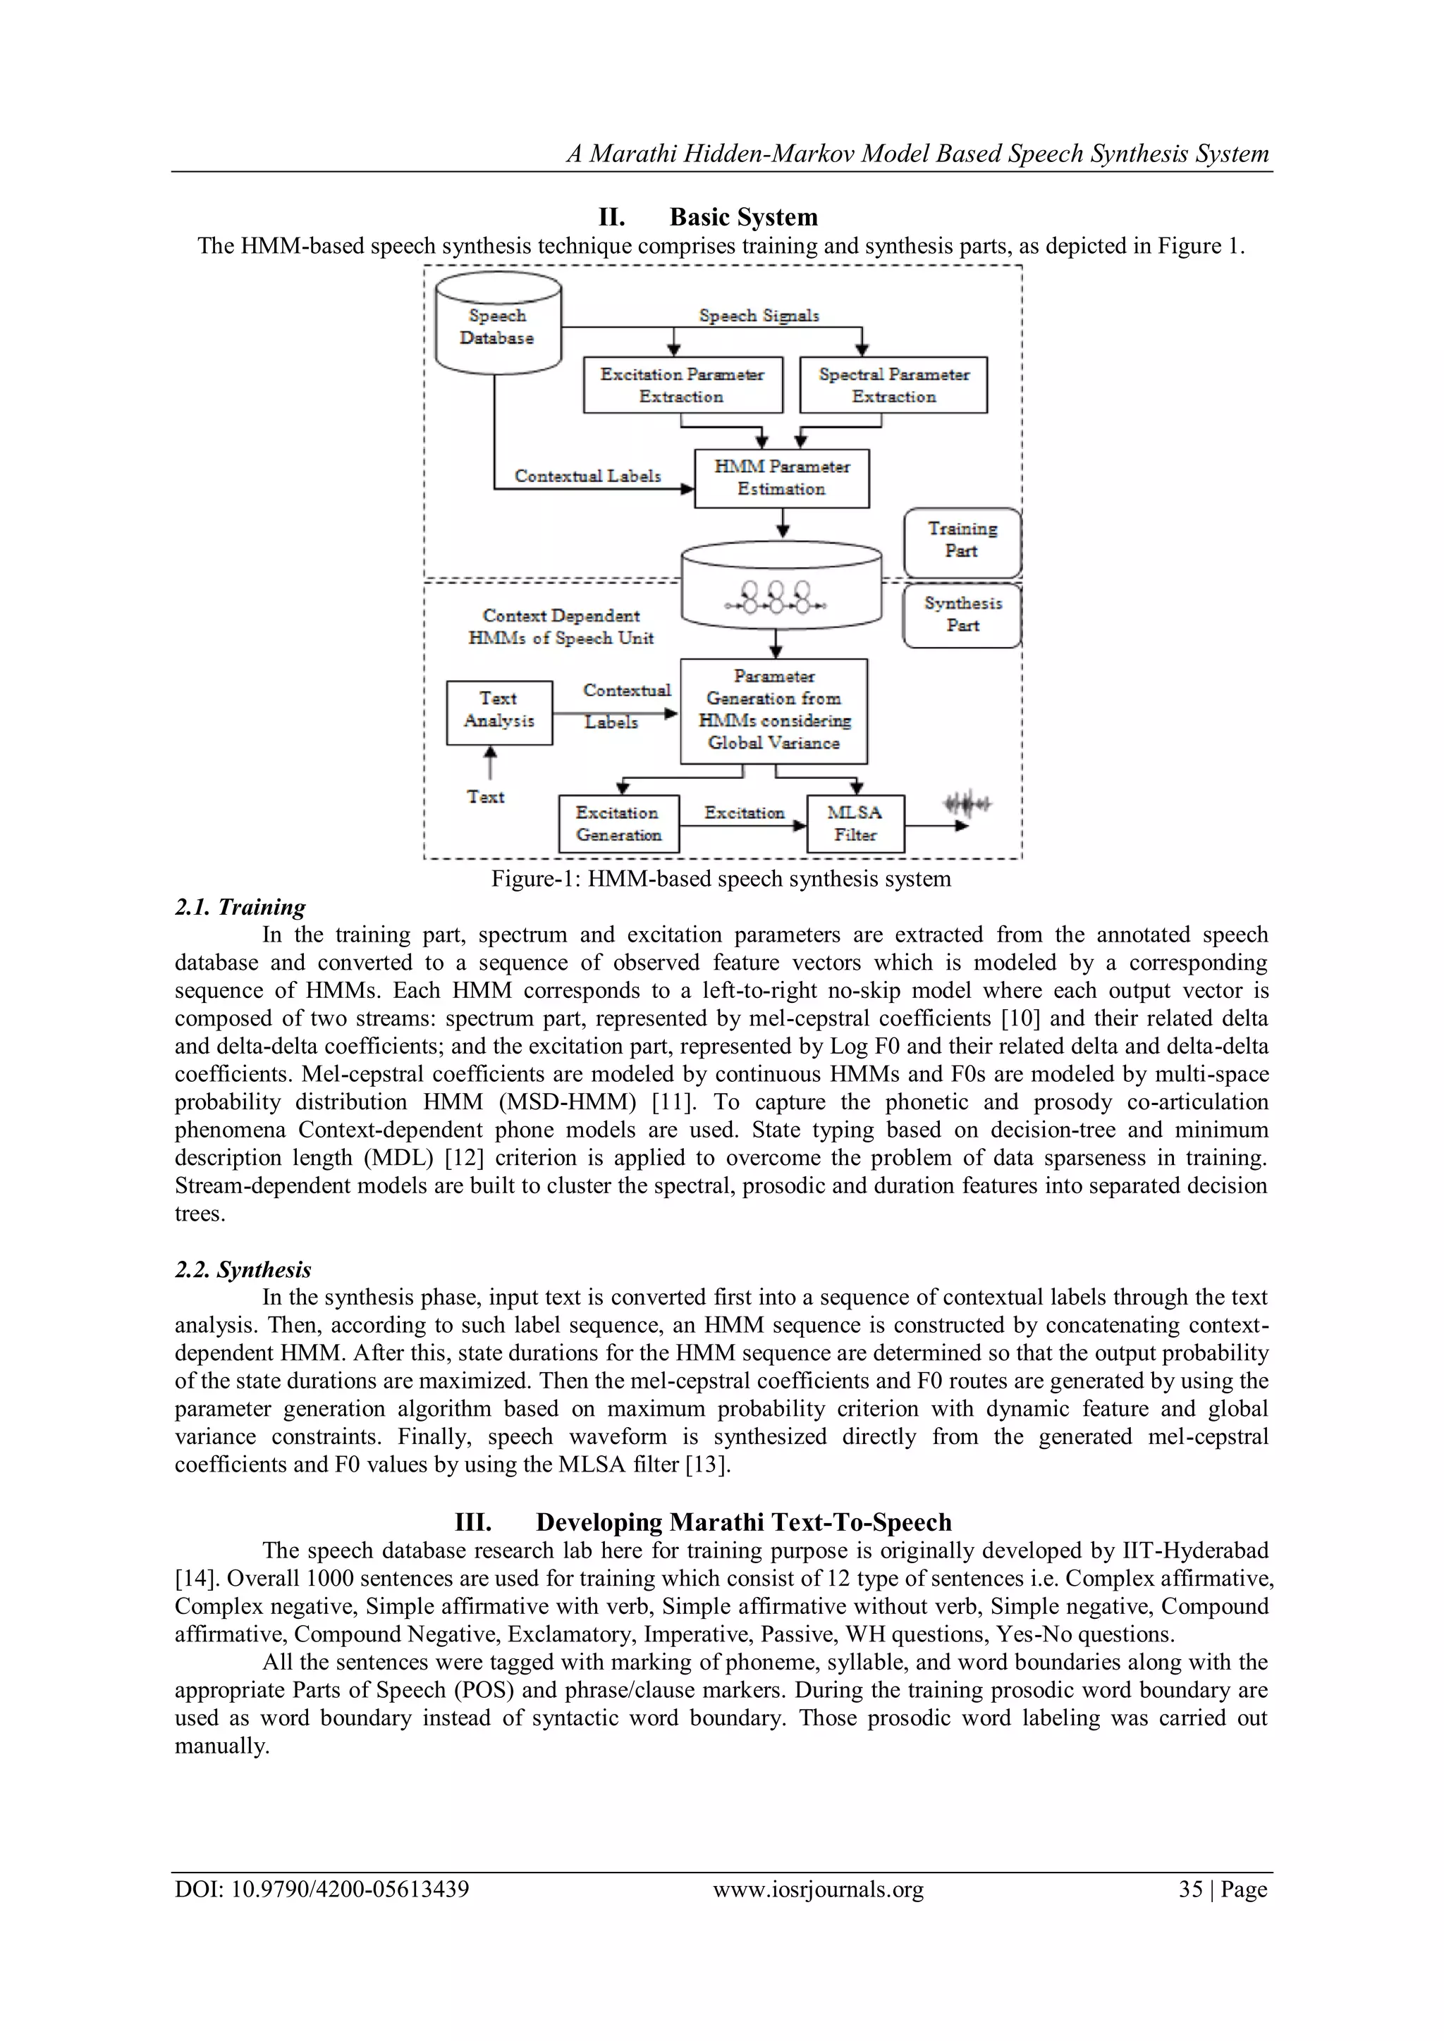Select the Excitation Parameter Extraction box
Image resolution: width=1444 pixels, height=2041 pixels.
click(x=682, y=385)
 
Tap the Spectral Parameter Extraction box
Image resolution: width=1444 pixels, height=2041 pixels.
click(x=893, y=385)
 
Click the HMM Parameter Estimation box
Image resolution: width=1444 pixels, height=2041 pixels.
click(x=781, y=479)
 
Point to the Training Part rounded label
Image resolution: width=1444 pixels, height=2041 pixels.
click(x=961, y=541)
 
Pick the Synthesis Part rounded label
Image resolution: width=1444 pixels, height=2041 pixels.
click(x=961, y=615)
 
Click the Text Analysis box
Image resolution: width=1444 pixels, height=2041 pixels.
click(x=498, y=710)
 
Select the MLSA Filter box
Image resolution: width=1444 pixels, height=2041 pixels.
click(x=855, y=824)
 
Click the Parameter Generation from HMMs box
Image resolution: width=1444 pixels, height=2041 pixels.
click(x=773, y=710)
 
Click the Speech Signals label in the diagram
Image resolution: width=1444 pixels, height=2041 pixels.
click(x=759, y=316)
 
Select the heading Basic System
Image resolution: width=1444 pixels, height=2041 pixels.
click(x=743, y=217)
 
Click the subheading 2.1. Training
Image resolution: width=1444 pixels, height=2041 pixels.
click(x=239, y=907)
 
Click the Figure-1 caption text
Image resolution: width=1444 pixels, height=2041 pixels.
click(x=721, y=879)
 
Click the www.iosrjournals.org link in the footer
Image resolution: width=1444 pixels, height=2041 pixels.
click(x=818, y=1889)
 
